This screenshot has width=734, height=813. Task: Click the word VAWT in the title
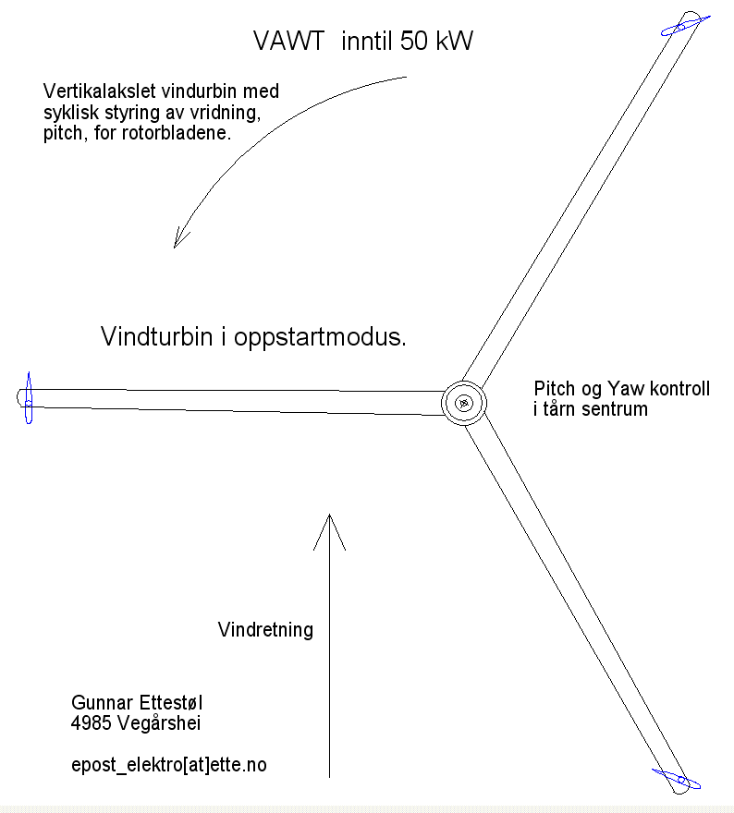pyautogui.click(x=288, y=41)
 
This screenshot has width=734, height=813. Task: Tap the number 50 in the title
pyautogui.click(x=414, y=41)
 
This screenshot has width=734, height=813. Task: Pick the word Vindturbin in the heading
pyautogui.click(x=156, y=336)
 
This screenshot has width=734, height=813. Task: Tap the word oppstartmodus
pyautogui.click(x=320, y=338)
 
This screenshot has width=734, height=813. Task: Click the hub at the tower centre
pyautogui.click(x=464, y=403)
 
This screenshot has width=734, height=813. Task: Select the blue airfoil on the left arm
pyautogui.click(x=29, y=397)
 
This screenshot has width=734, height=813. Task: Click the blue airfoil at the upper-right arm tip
pyautogui.click(x=685, y=26)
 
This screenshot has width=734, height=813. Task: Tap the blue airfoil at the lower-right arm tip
pyautogui.click(x=677, y=778)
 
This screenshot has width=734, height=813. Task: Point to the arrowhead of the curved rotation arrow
pyautogui.click(x=180, y=238)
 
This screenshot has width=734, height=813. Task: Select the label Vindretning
pyautogui.click(x=265, y=629)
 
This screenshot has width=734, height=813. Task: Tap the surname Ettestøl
pyautogui.click(x=169, y=703)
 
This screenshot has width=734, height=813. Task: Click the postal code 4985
pyautogui.click(x=92, y=723)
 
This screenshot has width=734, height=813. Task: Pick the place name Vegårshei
pyautogui.click(x=159, y=723)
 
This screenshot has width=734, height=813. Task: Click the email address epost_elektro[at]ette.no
pyautogui.click(x=169, y=765)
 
